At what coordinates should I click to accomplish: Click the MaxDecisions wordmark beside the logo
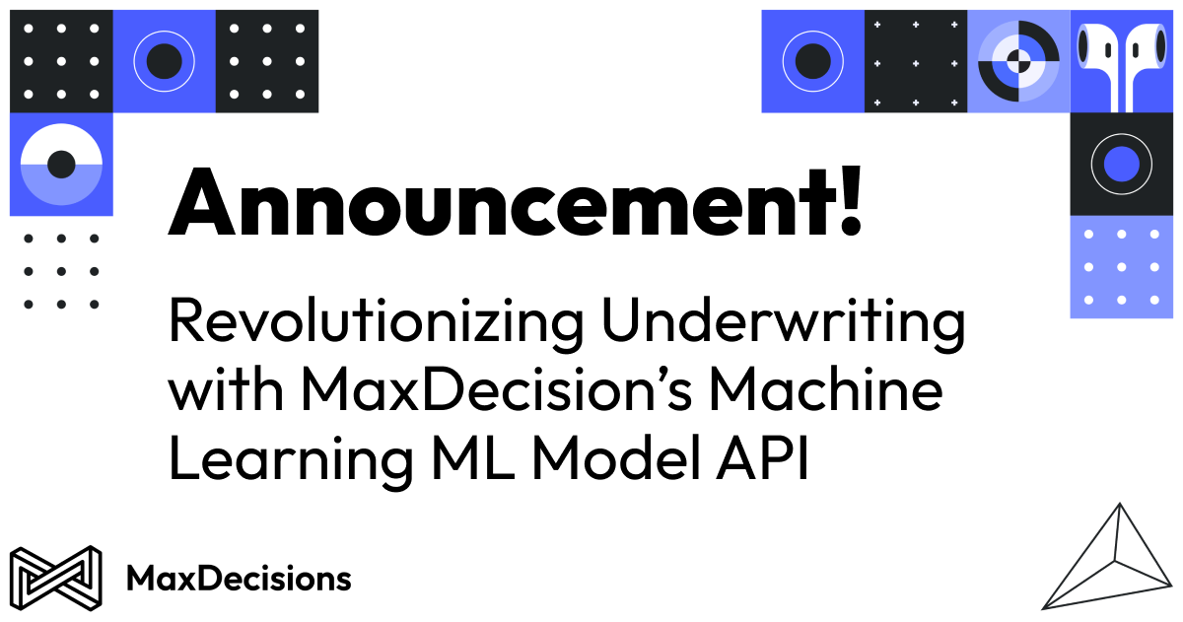(239, 579)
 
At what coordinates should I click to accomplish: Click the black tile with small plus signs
(916, 61)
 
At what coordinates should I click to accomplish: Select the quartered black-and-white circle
(1018, 61)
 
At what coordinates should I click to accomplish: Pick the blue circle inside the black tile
(1121, 164)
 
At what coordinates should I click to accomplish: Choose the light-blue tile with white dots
(1121, 267)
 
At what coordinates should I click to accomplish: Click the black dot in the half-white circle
(61, 164)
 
